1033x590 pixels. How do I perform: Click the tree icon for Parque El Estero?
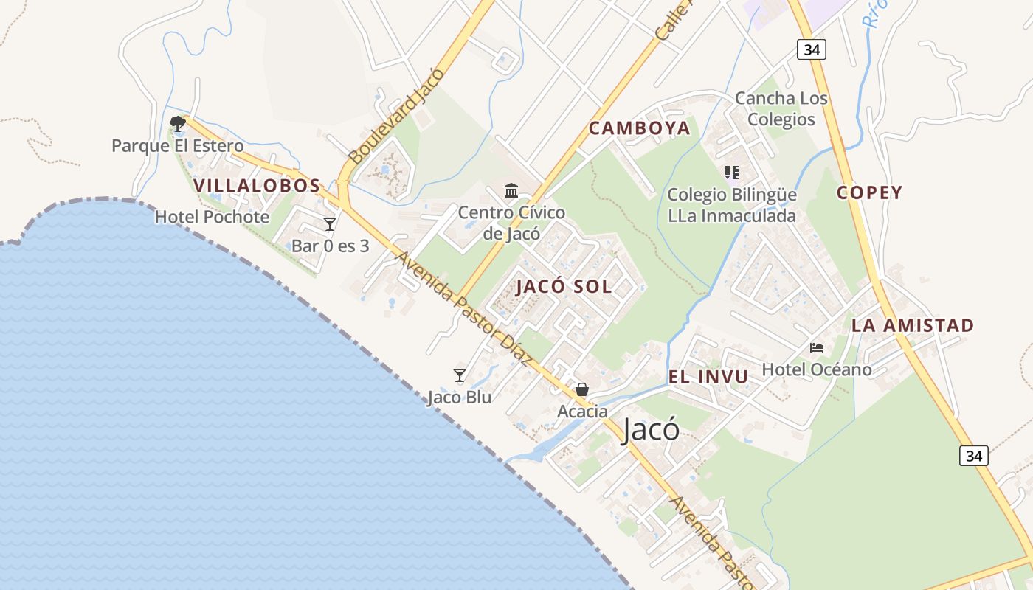177,123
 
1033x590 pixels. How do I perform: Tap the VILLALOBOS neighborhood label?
257,186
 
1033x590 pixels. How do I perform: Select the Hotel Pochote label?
212,217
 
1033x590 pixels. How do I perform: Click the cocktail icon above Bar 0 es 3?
330,224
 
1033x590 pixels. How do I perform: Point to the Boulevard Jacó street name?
396,117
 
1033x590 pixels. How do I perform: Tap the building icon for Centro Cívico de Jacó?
511,191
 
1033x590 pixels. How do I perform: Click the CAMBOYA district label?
639,128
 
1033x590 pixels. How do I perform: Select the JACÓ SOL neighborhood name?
564,287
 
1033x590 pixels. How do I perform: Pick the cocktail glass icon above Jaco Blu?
460,376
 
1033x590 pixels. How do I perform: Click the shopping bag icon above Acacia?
582,389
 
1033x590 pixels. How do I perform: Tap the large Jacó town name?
650,430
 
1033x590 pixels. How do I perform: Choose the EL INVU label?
708,377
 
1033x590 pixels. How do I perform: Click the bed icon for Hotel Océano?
817,348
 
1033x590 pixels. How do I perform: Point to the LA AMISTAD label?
912,325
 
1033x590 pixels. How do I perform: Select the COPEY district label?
869,193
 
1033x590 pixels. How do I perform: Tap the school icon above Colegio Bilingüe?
731,173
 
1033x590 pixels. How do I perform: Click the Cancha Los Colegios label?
781,108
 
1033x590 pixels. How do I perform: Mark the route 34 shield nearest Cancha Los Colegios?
811,49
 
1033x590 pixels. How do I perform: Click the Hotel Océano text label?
817,369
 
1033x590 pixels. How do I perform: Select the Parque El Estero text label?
177,146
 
